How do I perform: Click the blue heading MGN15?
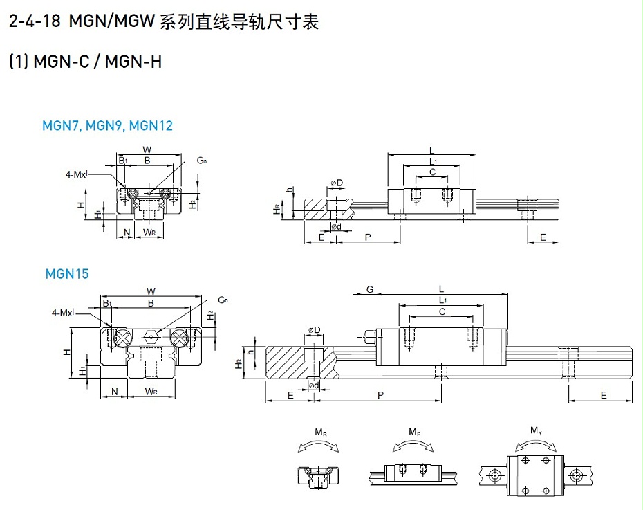coord(67,273)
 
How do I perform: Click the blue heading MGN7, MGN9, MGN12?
coord(107,125)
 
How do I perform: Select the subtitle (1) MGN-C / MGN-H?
coord(85,62)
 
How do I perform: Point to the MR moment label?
coord(321,432)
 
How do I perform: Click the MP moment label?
coord(413,432)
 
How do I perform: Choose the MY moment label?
coord(536,430)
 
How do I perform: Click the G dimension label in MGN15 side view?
coord(370,289)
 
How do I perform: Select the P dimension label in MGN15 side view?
coord(380,394)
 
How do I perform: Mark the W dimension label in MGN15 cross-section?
coord(151,291)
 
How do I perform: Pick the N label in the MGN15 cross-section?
coord(114,392)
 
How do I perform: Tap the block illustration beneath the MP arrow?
coord(413,471)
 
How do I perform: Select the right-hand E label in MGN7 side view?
coord(543,237)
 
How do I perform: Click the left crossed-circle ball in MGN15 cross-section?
coord(122,338)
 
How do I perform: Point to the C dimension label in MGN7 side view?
coord(432,172)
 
